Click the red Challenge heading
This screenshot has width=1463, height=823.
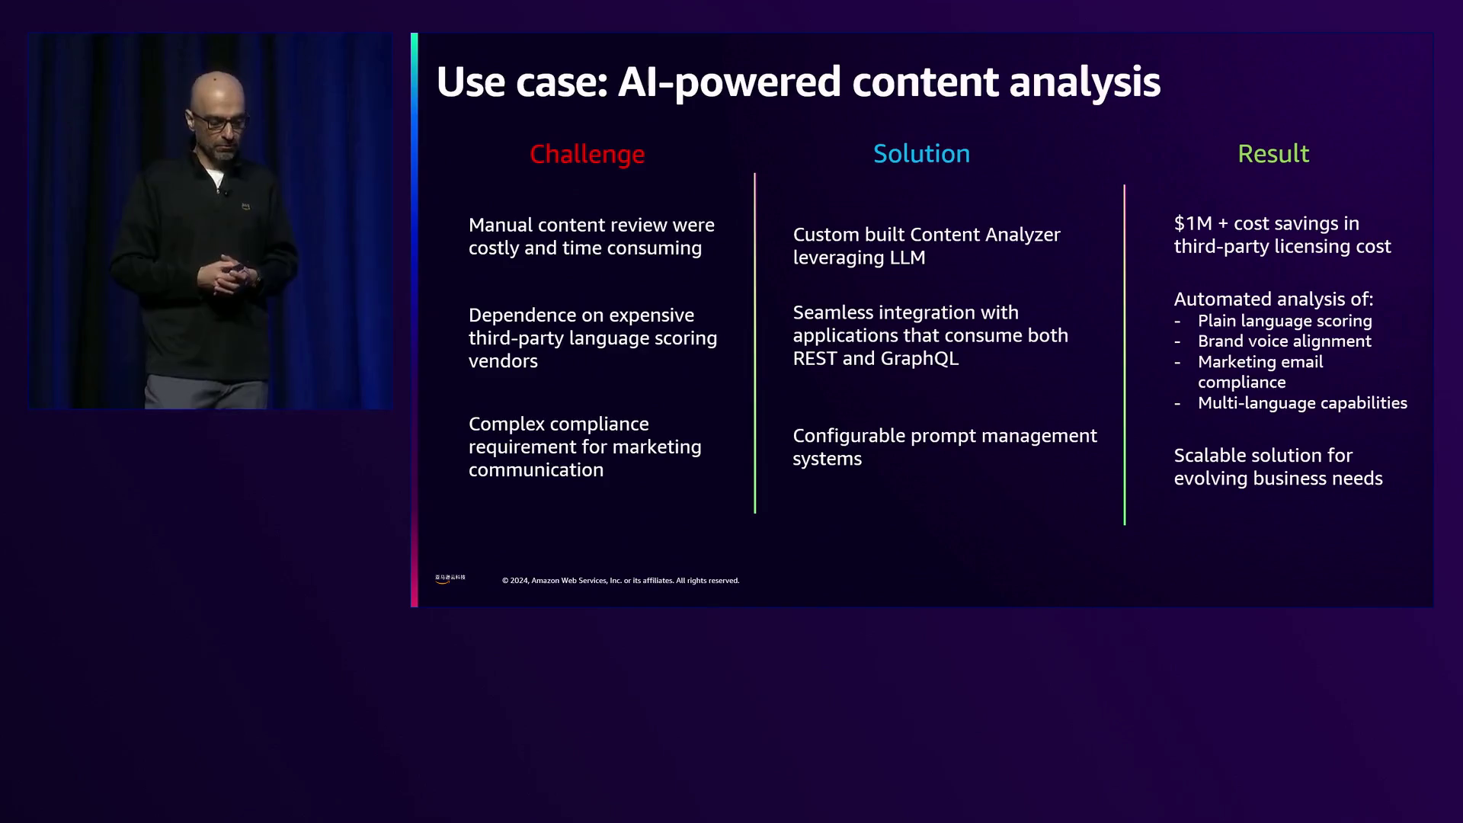587,155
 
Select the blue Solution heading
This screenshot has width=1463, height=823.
921,154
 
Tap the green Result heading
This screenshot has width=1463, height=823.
1273,154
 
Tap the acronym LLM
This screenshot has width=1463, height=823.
908,258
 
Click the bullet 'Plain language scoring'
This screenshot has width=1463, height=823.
1285,321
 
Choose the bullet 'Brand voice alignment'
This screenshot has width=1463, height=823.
1285,341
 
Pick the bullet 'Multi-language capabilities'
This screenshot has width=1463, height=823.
1302,403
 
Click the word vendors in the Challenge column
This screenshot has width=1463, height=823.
503,361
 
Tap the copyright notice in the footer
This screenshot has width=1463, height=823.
620,581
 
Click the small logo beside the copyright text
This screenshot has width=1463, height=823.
450,579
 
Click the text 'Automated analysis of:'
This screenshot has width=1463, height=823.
1273,299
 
